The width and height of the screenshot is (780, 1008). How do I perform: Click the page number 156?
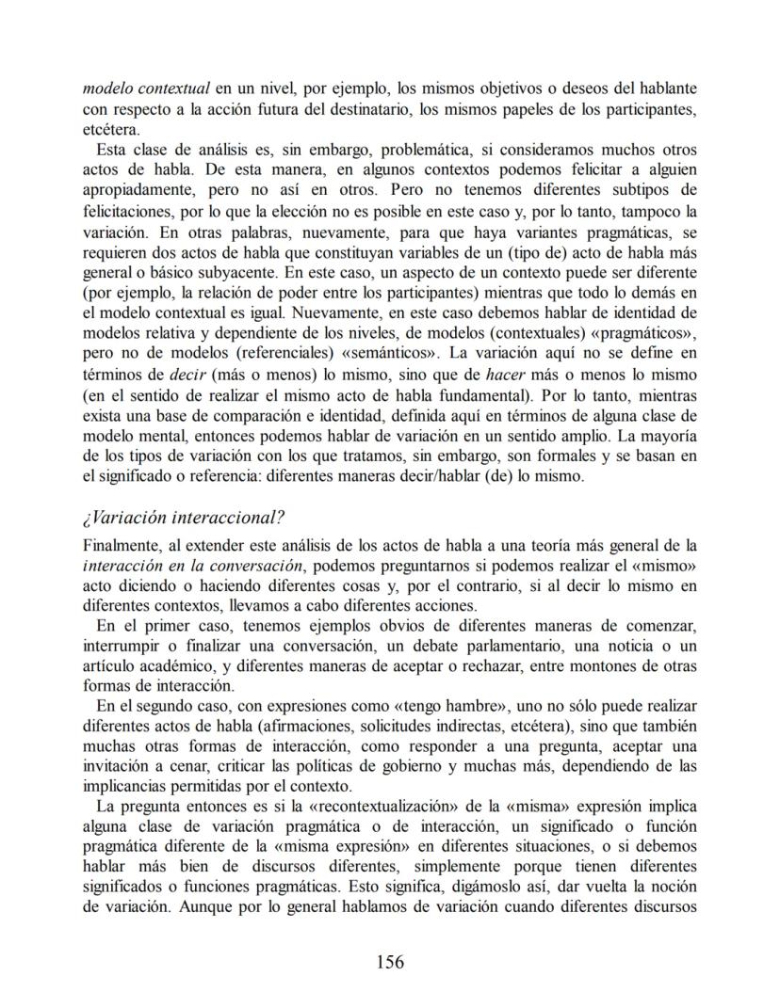click(390, 961)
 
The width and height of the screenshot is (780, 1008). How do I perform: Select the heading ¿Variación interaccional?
click(184, 518)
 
